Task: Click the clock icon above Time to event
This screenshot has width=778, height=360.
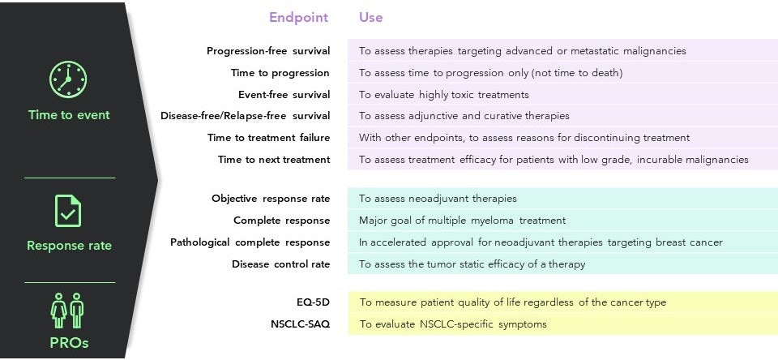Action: coord(68,79)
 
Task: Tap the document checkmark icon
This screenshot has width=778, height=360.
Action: coord(68,211)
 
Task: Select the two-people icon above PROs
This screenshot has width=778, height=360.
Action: coord(67,310)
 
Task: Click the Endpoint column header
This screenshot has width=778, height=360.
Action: coord(299,17)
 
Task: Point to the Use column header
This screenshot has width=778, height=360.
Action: coord(370,17)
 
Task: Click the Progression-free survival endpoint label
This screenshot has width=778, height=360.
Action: coord(268,50)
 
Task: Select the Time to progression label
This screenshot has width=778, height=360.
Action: coord(280,73)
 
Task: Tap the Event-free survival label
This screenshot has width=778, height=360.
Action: coord(284,94)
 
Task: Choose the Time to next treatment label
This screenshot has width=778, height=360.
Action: coord(274,160)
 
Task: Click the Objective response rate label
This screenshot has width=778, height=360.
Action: coord(271,199)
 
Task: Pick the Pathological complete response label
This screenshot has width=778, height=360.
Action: coord(250,242)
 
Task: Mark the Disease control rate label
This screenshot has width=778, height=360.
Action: coord(281,264)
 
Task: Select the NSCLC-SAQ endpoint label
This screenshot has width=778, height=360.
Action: coord(300,324)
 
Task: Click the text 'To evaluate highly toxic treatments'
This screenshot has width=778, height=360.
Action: coord(444,95)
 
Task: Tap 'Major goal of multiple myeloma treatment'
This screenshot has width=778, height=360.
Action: coord(463,221)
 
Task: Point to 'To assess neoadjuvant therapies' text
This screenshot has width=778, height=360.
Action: coord(438,199)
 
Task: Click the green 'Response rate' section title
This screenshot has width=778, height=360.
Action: coord(69,246)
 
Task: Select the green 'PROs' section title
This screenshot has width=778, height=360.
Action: coord(69,343)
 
